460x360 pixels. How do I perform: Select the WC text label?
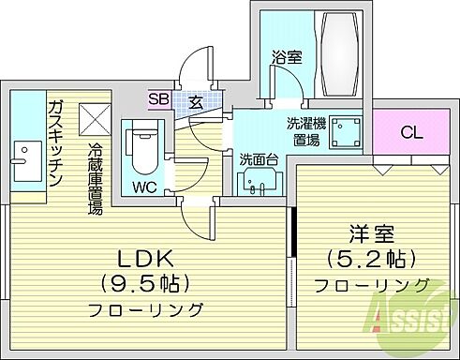tap(144, 186)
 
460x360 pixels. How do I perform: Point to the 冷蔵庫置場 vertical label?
tap(95, 179)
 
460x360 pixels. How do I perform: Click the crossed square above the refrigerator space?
tap(95, 117)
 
